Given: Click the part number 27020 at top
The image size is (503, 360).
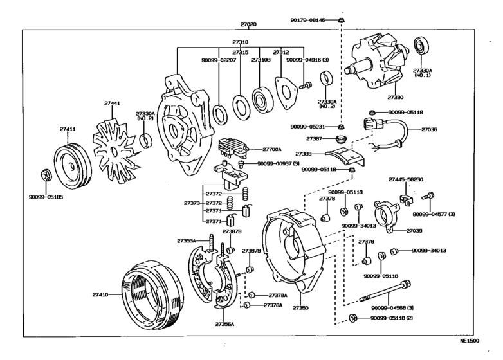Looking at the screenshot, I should click(248, 24).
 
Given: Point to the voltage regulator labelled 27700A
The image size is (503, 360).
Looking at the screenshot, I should click(229, 149).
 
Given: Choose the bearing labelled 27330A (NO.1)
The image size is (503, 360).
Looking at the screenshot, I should click(423, 46).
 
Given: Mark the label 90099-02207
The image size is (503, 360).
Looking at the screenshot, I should click(219, 60).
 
